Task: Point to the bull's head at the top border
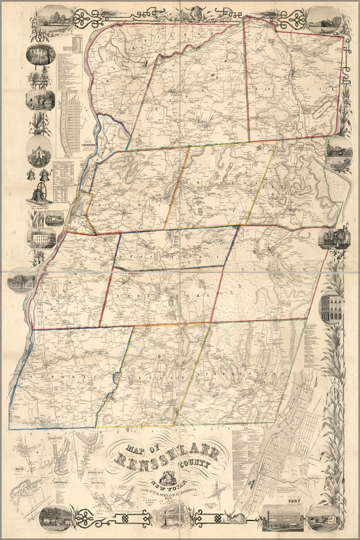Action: click(x=192, y=11)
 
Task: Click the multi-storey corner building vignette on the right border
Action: click(x=331, y=307)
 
